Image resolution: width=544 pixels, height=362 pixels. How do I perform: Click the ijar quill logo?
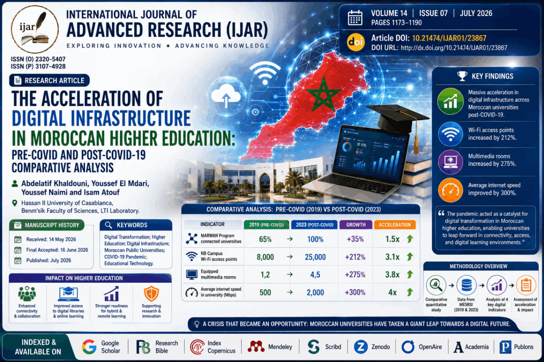coord(35,29)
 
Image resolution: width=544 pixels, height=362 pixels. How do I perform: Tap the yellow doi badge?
coord(356,42)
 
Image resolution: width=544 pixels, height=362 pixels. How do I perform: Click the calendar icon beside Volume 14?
coord(355,18)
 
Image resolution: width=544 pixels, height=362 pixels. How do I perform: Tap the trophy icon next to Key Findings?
coord(462,76)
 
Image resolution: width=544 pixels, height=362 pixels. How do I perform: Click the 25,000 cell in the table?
coord(315,257)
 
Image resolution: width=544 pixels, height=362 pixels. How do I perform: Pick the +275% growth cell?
coord(355,275)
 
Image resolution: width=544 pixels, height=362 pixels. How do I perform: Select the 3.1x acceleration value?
coord(392,257)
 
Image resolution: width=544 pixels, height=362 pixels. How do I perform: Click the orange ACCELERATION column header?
coord(395,225)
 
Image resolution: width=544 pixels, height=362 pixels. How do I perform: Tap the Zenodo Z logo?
coord(361,347)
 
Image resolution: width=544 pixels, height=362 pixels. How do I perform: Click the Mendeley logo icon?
coord(256,346)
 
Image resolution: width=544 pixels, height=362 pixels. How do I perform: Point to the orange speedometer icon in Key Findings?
coord(451,190)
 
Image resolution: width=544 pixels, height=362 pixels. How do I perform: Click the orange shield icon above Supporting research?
coord(151,293)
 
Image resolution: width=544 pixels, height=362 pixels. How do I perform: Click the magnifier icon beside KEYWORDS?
coord(109,225)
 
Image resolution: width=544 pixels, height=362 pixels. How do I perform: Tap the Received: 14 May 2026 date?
coord(51,239)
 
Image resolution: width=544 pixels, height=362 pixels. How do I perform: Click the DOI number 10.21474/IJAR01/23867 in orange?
coord(449,38)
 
